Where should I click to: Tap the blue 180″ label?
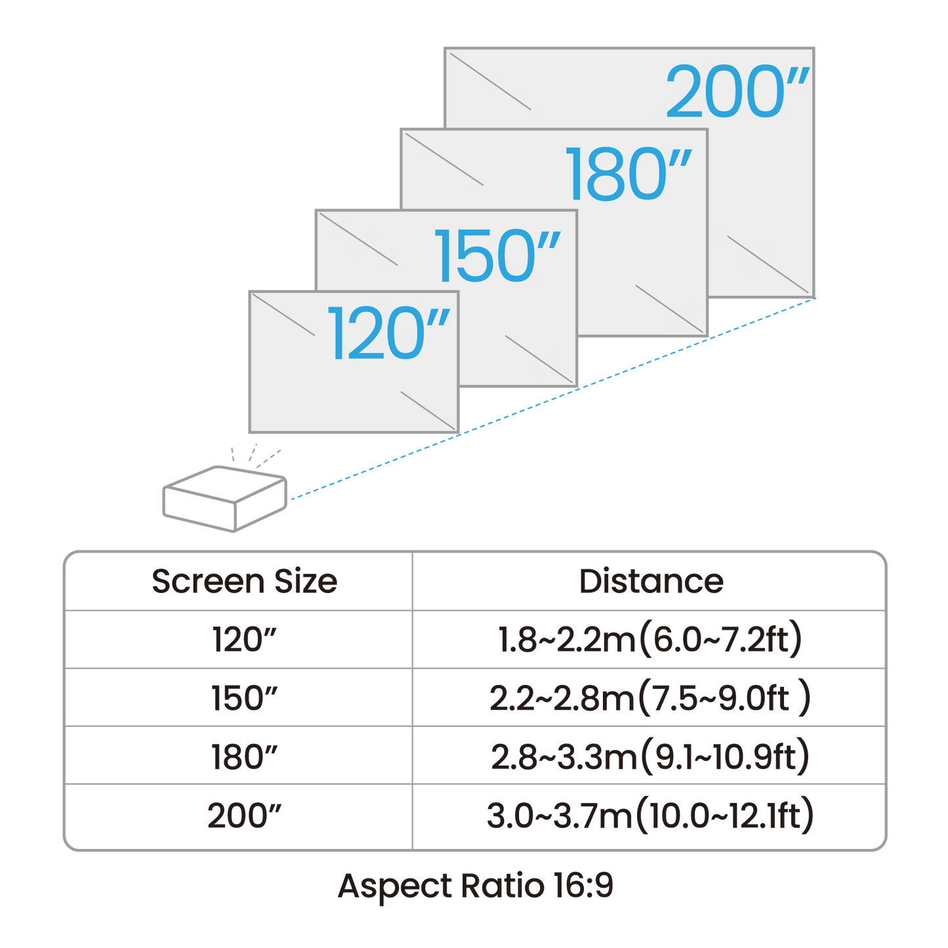[x=630, y=174]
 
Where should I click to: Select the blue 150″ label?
[x=499, y=255]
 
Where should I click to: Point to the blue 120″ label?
[x=391, y=334]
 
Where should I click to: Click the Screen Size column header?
[x=243, y=581]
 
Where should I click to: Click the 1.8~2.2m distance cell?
[x=649, y=640]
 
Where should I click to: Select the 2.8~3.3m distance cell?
[x=649, y=756]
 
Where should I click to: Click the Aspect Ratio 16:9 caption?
[x=475, y=886]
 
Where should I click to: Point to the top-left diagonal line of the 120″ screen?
[x=286, y=314]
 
